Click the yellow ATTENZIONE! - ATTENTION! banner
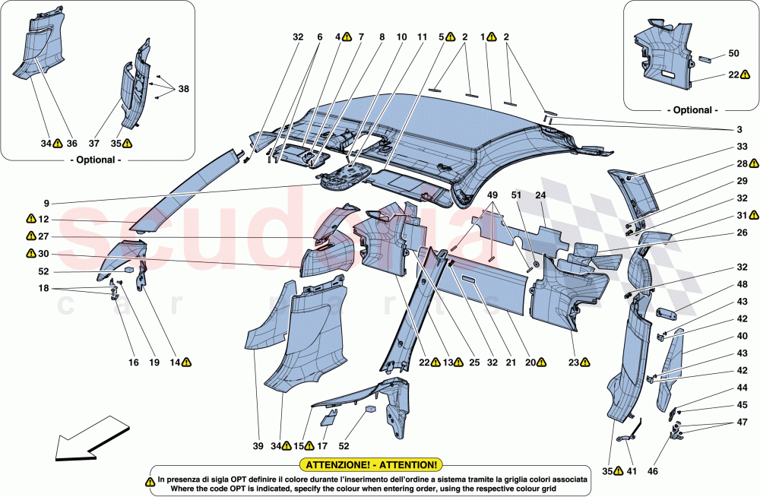tap(371, 464)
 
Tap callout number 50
tap(733, 53)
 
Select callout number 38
tap(183, 89)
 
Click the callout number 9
tap(46, 204)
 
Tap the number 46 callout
tap(652, 471)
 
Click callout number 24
tap(541, 194)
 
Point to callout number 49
tap(494, 194)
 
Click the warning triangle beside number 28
tap(753, 163)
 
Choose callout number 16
tap(133, 363)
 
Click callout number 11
tap(422, 36)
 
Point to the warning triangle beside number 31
tap(753, 215)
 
